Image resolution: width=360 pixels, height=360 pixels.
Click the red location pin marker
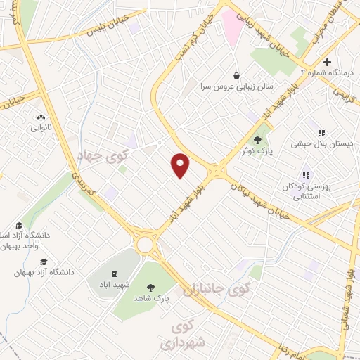point(181,165)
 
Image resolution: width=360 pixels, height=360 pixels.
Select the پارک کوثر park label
point(257,150)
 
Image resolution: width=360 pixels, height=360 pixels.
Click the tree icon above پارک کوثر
point(257,139)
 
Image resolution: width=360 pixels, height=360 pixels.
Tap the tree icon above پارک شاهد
point(150,286)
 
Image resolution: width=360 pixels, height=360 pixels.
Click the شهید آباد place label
point(113,285)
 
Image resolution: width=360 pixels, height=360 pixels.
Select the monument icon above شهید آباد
point(113,274)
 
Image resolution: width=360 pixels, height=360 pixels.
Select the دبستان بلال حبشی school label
point(323,143)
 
